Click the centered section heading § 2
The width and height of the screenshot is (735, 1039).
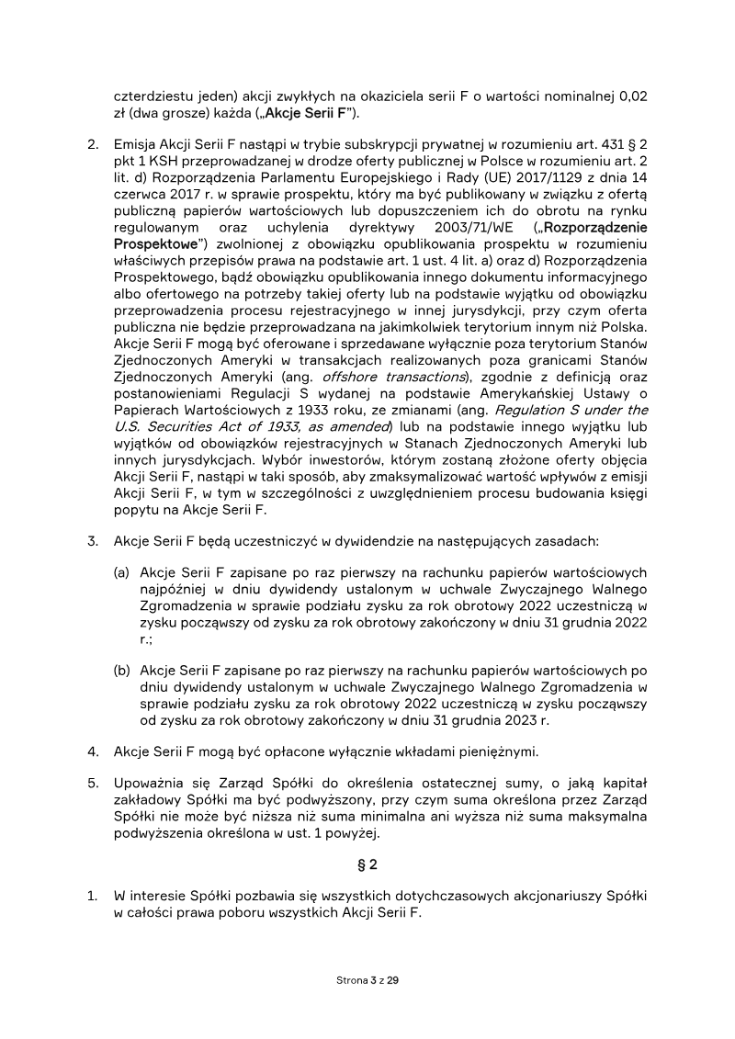click(367, 864)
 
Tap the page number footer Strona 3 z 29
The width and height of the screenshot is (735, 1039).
click(367, 981)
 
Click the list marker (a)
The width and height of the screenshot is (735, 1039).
click(121, 572)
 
